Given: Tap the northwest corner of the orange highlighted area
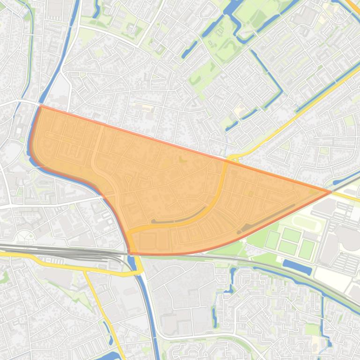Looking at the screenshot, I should click(40, 106).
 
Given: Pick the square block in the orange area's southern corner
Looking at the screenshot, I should click(147, 241).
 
